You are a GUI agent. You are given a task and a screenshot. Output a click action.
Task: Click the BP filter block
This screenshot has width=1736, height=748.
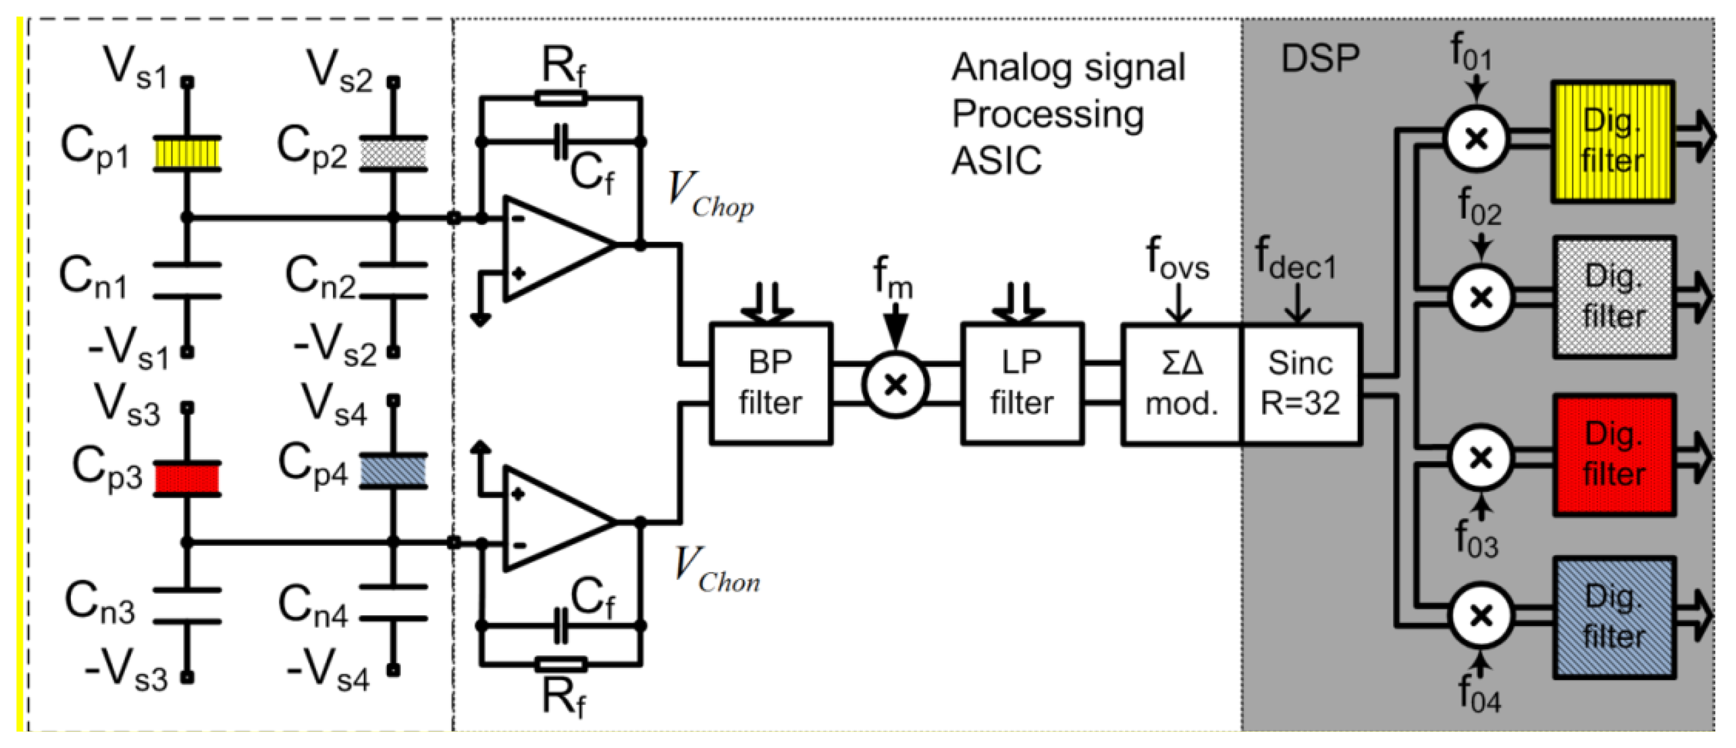(x=770, y=383)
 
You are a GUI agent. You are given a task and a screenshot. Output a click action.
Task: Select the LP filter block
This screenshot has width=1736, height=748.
(x=1021, y=383)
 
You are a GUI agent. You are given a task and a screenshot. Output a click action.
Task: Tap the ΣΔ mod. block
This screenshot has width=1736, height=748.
(x=1182, y=383)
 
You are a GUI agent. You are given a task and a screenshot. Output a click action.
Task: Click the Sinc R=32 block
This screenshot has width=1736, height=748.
(x=1301, y=383)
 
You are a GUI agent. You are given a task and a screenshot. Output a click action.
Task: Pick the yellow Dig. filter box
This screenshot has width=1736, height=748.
(x=1612, y=141)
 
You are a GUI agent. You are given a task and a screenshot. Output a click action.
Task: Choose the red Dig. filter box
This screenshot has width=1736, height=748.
(x=1614, y=455)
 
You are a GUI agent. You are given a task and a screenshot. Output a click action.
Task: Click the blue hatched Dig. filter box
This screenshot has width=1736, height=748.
(x=1614, y=617)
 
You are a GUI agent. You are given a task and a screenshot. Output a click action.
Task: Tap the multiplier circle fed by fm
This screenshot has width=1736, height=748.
(x=896, y=385)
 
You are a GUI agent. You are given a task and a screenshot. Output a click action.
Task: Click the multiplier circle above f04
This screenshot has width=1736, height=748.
(x=1480, y=615)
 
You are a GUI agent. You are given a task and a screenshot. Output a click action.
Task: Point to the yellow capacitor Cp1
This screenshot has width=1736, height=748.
(x=188, y=153)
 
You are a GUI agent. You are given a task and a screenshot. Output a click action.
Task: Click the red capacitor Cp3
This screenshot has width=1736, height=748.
(x=188, y=478)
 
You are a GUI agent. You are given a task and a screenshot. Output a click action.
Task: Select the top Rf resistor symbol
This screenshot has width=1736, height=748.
(x=561, y=98)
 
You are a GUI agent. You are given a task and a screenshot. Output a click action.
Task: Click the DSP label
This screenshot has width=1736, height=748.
(x=1320, y=59)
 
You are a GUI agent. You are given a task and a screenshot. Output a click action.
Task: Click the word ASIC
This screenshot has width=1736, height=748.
(x=995, y=162)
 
